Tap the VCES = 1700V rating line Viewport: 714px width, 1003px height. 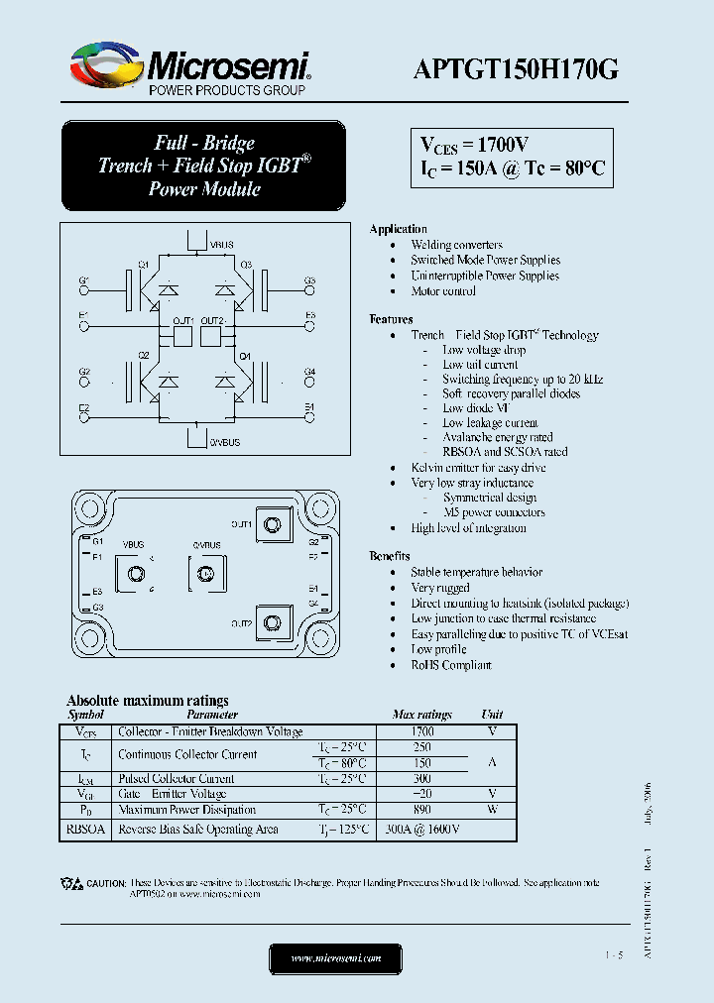pyautogui.click(x=473, y=145)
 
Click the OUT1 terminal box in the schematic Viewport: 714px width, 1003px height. pyautogui.click(x=182, y=336)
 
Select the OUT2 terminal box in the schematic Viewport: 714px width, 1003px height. pyautogui.click(x=211, y=336)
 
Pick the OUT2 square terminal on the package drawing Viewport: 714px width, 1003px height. pyautogui.click(x=272, y=623)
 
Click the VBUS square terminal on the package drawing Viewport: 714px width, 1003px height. pyautogui.click(x=133, y=574)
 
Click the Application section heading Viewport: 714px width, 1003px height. pyautogui.click(x=398, y=229)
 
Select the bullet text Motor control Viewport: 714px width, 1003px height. pyautogui.click(x=443, y=291)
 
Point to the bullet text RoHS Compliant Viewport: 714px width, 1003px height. pyautogui.click(x=451, y=665)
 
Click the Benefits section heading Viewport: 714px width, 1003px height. pyautogui.click(x=390, y=556)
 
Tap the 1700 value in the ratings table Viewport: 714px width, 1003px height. pyautogui.click(x=422, y=731)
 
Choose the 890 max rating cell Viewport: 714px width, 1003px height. pyautogui.click(x=422, y=810)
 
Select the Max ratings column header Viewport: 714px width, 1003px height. pyautogui.click(x=422, y=714)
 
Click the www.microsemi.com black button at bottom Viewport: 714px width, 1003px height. pyautogui.click(x=336, y=958)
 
